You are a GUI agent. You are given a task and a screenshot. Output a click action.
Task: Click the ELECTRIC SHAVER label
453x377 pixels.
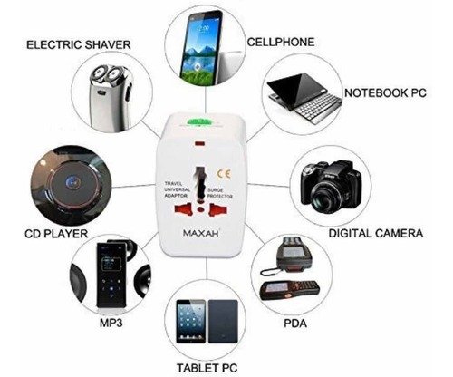[79, 45]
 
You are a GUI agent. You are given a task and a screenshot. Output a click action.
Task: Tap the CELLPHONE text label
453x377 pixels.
[281, 42]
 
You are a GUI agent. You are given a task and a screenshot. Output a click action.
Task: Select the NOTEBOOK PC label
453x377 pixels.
[385, 92]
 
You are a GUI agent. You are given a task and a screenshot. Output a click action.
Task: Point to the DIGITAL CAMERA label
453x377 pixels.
[376, 234]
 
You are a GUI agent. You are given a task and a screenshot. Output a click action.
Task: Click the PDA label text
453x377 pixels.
[295, 324]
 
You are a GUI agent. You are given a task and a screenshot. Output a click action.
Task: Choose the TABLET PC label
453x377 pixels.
[207, 368]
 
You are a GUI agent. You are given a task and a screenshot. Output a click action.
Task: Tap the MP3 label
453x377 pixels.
[111, 323]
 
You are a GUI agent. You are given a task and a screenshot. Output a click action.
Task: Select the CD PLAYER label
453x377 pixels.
[56, 234]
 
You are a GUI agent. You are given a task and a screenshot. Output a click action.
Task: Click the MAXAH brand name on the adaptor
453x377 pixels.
[201, 233]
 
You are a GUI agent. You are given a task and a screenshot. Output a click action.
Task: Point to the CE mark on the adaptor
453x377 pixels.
[224, 174]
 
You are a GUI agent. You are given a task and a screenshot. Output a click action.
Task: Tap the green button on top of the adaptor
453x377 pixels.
[198, 121]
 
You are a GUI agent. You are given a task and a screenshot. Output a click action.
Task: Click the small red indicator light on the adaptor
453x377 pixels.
[200, 143]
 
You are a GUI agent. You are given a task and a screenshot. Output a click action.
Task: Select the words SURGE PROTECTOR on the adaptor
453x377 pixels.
[220, 193]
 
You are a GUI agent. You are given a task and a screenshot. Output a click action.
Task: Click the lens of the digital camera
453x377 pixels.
[325, 197]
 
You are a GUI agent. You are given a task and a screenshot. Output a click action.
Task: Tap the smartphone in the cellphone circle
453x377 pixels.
[199, 46]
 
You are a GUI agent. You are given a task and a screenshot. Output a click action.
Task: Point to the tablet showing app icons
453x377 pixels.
[191, 322]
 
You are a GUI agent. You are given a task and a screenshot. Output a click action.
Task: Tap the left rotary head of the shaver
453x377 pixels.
[99, 73]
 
